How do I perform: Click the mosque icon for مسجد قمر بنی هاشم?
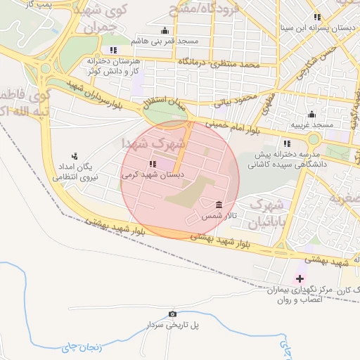[x=165, y=31]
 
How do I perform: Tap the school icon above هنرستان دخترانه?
[x=113, y=50]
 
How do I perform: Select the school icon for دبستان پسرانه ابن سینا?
[x=317, y=17]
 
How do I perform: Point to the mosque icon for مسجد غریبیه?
[x=312, y=115]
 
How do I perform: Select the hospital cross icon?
[x=300, y=278]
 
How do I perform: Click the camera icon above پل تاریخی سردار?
[x=173, y=314]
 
